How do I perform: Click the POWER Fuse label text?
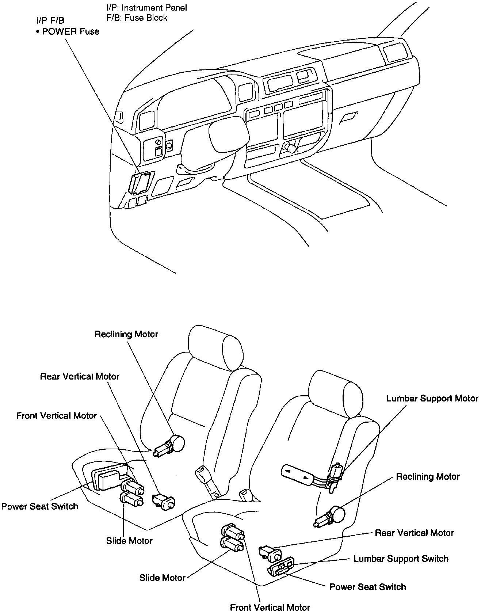click(x=70, y=31)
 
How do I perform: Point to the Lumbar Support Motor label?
click(x=432, y=398)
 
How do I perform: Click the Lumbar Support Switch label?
click(x=401, y=559)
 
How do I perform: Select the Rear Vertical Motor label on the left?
click(x=80, y=376)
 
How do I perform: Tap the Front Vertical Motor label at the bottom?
click(x=270, y=607)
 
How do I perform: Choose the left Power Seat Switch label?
click(x=40, y=506)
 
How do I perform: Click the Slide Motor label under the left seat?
click(x=129, y=541)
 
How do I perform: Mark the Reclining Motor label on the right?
click(x=428, y=476)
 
